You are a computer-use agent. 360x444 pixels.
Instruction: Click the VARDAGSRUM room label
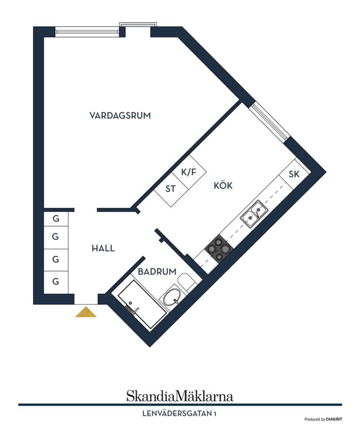pos(120,116)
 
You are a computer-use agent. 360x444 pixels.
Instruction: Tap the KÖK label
pos(223,186)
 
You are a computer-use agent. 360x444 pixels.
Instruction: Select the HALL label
pos(103,248)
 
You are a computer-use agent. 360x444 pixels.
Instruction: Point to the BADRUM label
pos(157,272)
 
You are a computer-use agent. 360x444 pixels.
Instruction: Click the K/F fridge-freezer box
pos(189,172)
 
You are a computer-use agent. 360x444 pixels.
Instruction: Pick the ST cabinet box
pos(171,189)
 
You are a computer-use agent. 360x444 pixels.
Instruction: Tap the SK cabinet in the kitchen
pos(294,174)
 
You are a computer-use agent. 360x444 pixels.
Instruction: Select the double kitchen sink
pos(254,214)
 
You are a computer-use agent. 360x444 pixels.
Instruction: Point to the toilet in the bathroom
pos(188,282)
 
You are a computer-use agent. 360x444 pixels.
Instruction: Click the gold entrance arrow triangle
pos(86,312)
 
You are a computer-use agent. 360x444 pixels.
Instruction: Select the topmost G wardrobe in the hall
pos(56,219)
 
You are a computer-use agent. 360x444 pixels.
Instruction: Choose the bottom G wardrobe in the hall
pos(56,282)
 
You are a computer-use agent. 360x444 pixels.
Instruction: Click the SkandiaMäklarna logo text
pos(180,396)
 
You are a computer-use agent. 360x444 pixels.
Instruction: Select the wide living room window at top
pos(87,31)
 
